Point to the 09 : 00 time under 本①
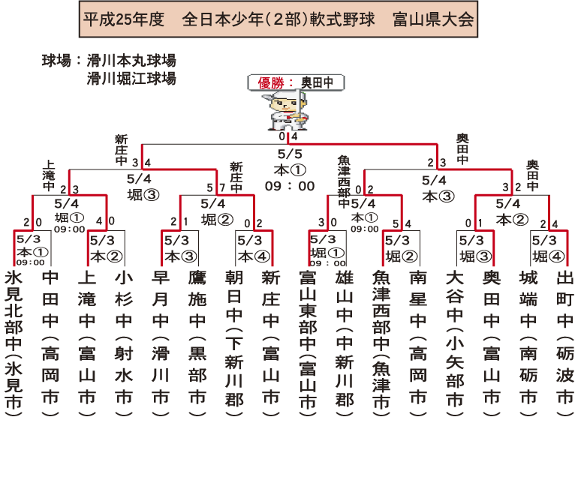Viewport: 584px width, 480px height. [289, 185]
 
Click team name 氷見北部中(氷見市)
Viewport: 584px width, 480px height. [14, 341]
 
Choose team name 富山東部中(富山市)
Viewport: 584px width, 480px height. [308, 341]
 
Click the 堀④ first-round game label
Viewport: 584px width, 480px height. [545, 256]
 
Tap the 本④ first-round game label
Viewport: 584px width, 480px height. [251, 256]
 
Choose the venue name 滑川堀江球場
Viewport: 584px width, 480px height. [131, 78]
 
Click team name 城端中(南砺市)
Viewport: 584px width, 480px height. [528, 337]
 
